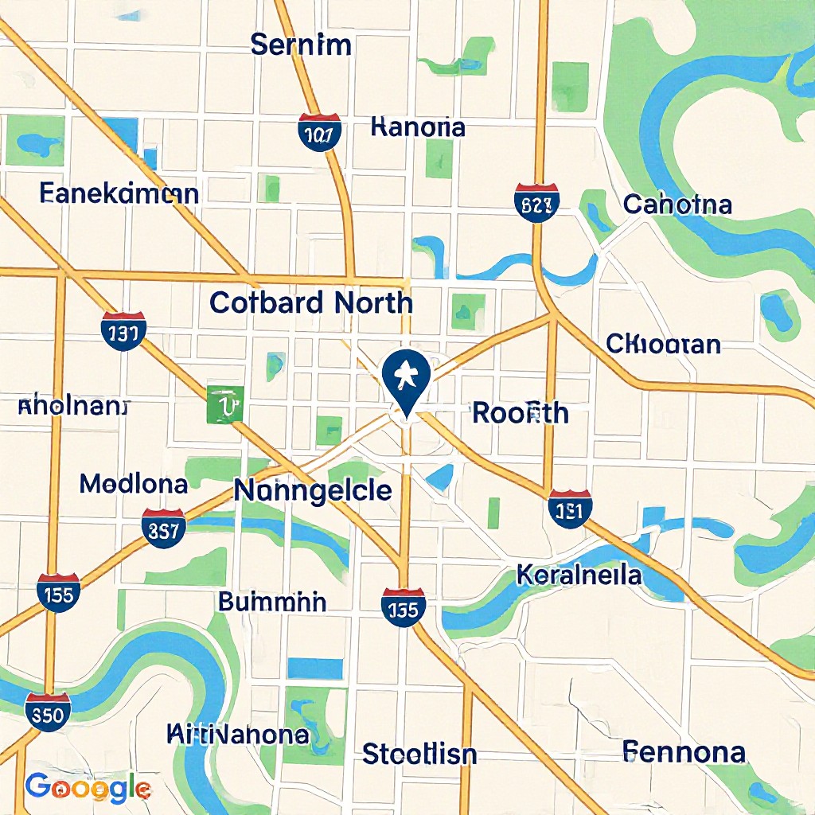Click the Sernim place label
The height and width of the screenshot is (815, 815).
pos(300,45)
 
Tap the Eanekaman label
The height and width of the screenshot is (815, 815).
pos(119,193)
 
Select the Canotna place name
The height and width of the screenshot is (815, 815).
pos(677,205)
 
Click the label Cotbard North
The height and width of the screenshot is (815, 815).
pos(311,302)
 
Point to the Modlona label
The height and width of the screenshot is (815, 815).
pos(134,483)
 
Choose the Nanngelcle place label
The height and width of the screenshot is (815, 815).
pos(313,490)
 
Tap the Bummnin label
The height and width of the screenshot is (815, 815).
pos(272,602)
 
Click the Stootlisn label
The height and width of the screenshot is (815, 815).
pos(419,753)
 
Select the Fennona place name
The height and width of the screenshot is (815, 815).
pos(684,751)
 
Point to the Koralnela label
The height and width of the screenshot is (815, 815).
pos(579,574)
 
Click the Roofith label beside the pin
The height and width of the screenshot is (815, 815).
pos(521,413)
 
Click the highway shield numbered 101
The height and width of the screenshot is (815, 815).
pos(320,132)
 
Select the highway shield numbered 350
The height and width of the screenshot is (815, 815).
pos(47,712)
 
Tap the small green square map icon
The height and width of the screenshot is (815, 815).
pos(225,404)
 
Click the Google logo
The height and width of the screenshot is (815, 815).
pos(88,788)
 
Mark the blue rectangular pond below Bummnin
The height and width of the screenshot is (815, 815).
pos(314,669)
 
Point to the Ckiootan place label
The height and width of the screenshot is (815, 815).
pos(663,345)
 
